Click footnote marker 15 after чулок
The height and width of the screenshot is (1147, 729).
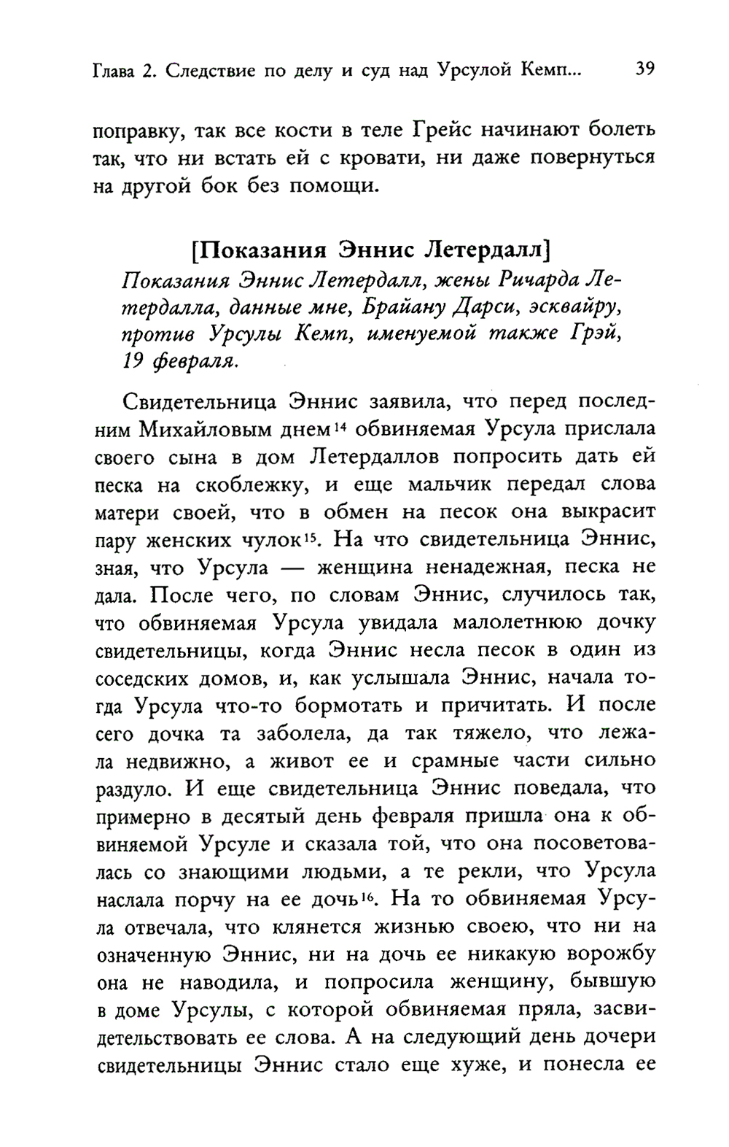click(x=311, y=538)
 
